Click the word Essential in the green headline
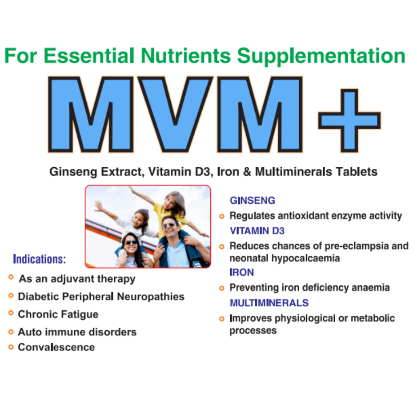89,56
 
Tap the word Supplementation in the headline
321,56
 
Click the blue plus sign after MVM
349,121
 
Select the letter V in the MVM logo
175,114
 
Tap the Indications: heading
40,259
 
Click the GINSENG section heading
253,200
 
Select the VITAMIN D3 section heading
257,231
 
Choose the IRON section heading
242,273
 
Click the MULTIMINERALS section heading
269,303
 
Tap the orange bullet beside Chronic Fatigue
11,313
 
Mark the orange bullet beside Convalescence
11,347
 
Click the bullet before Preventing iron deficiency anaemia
222,288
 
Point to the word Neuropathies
151,297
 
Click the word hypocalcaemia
305,258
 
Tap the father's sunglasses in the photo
168,225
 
